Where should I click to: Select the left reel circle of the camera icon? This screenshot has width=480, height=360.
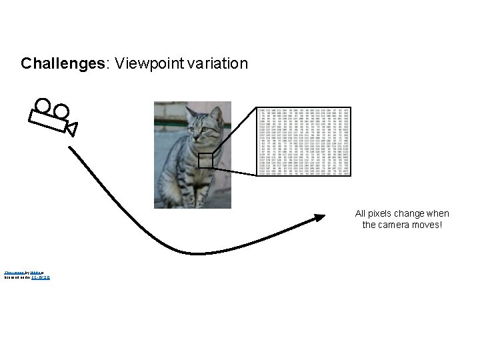click(43, 105)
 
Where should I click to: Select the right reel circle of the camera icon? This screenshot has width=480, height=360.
click(61, 111)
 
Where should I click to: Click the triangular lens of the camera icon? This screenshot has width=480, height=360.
click(71, 127)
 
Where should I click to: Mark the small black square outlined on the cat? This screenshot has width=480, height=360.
click(205, 161)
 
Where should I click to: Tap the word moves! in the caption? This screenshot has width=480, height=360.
click(427, 225)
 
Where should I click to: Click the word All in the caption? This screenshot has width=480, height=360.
click(361, 214)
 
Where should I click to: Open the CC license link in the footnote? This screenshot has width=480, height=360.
click(41, 277)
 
